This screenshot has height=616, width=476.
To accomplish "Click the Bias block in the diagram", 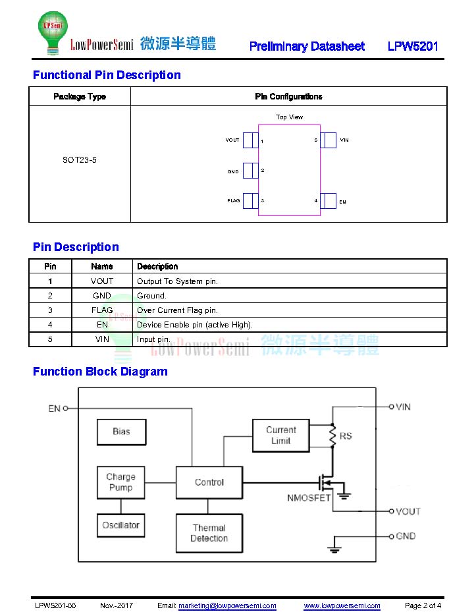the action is click(121, 432).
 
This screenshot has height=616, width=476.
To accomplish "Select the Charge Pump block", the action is click(120, 482).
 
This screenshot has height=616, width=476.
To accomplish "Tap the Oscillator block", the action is click(120, 525).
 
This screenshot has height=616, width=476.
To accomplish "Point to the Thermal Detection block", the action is click(209, 533).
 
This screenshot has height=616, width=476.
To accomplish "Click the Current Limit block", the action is click(281, 435).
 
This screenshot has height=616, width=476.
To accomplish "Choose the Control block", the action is click(209, 482).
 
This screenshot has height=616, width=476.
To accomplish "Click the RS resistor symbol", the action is click(332, 435).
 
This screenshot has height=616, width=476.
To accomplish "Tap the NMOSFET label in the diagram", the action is click(309, 498).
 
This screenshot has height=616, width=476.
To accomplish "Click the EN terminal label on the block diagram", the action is click(54, 408).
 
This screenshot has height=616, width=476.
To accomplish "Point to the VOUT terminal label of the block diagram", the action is click(408, 511).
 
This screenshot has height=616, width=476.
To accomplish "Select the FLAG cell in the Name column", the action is click(102, 310).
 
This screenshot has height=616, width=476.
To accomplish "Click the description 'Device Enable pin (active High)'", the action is click(194, 325).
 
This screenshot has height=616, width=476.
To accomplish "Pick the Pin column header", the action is click(50, 266).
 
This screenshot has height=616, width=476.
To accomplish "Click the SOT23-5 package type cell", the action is click(79, 160).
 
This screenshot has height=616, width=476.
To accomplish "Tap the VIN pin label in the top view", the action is click(344, 140).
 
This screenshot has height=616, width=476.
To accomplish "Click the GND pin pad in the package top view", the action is click(250, 171).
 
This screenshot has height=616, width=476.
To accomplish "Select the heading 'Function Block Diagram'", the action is click(100, 372).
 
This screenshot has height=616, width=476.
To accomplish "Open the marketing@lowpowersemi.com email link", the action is click(227, 605).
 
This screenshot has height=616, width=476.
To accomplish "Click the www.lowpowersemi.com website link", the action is click(342, 605).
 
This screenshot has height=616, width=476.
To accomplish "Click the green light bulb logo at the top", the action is click(53, 32).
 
